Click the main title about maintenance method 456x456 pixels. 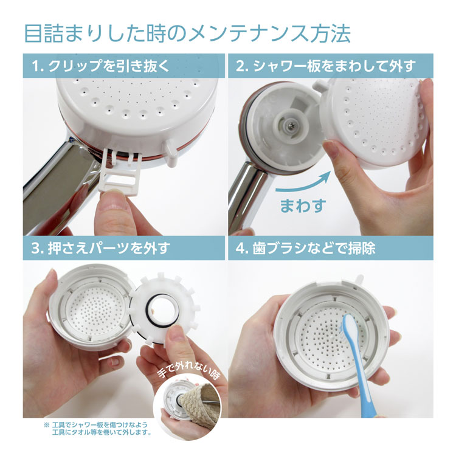[x=187, y=33]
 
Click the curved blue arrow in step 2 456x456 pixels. [x=304, y=181]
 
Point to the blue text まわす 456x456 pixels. [x=303, y=204]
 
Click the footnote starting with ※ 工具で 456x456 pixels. [x=97, y=428]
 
